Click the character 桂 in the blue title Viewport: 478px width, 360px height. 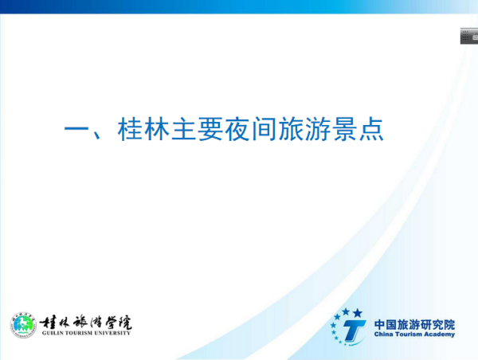coord(131,129)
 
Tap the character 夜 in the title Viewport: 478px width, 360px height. coord(237,129)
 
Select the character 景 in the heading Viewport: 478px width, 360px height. coord(344,129)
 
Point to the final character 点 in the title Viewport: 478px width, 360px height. coord(371,129)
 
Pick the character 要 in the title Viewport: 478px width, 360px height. coord(210,129)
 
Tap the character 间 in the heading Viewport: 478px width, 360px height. coord(264,129)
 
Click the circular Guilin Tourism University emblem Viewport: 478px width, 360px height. coord(23,325)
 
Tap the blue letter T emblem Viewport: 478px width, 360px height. coord(354,331)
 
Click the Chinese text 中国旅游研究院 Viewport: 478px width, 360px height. coord(414,325)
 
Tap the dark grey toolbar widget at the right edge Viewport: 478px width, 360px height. coord(469,37)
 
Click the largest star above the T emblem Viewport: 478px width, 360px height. coord(358,313)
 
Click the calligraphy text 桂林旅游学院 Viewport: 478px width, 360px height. coord(86,323)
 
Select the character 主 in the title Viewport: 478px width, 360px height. coord(184,129)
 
